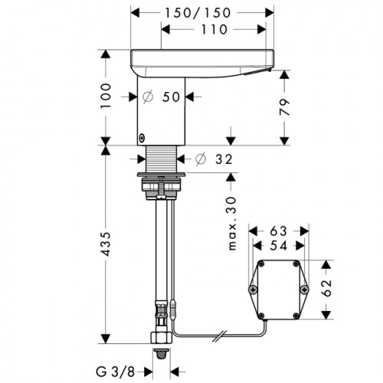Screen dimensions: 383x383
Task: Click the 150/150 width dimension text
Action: pos(198,13)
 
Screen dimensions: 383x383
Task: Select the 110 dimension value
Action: pos(214,30)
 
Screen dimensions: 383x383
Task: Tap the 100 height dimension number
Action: pos(106,96)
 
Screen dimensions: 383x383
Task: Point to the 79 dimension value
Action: pos(284,107)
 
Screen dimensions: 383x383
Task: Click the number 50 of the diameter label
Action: pos(171,97)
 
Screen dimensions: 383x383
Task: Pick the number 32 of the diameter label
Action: pos(224,159)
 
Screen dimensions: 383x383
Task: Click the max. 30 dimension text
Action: pos(232,224)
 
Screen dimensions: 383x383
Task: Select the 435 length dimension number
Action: pos(106,244)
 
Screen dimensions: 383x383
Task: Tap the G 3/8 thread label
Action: pos(115,372)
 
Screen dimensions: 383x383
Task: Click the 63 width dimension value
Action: pos(279,231)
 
